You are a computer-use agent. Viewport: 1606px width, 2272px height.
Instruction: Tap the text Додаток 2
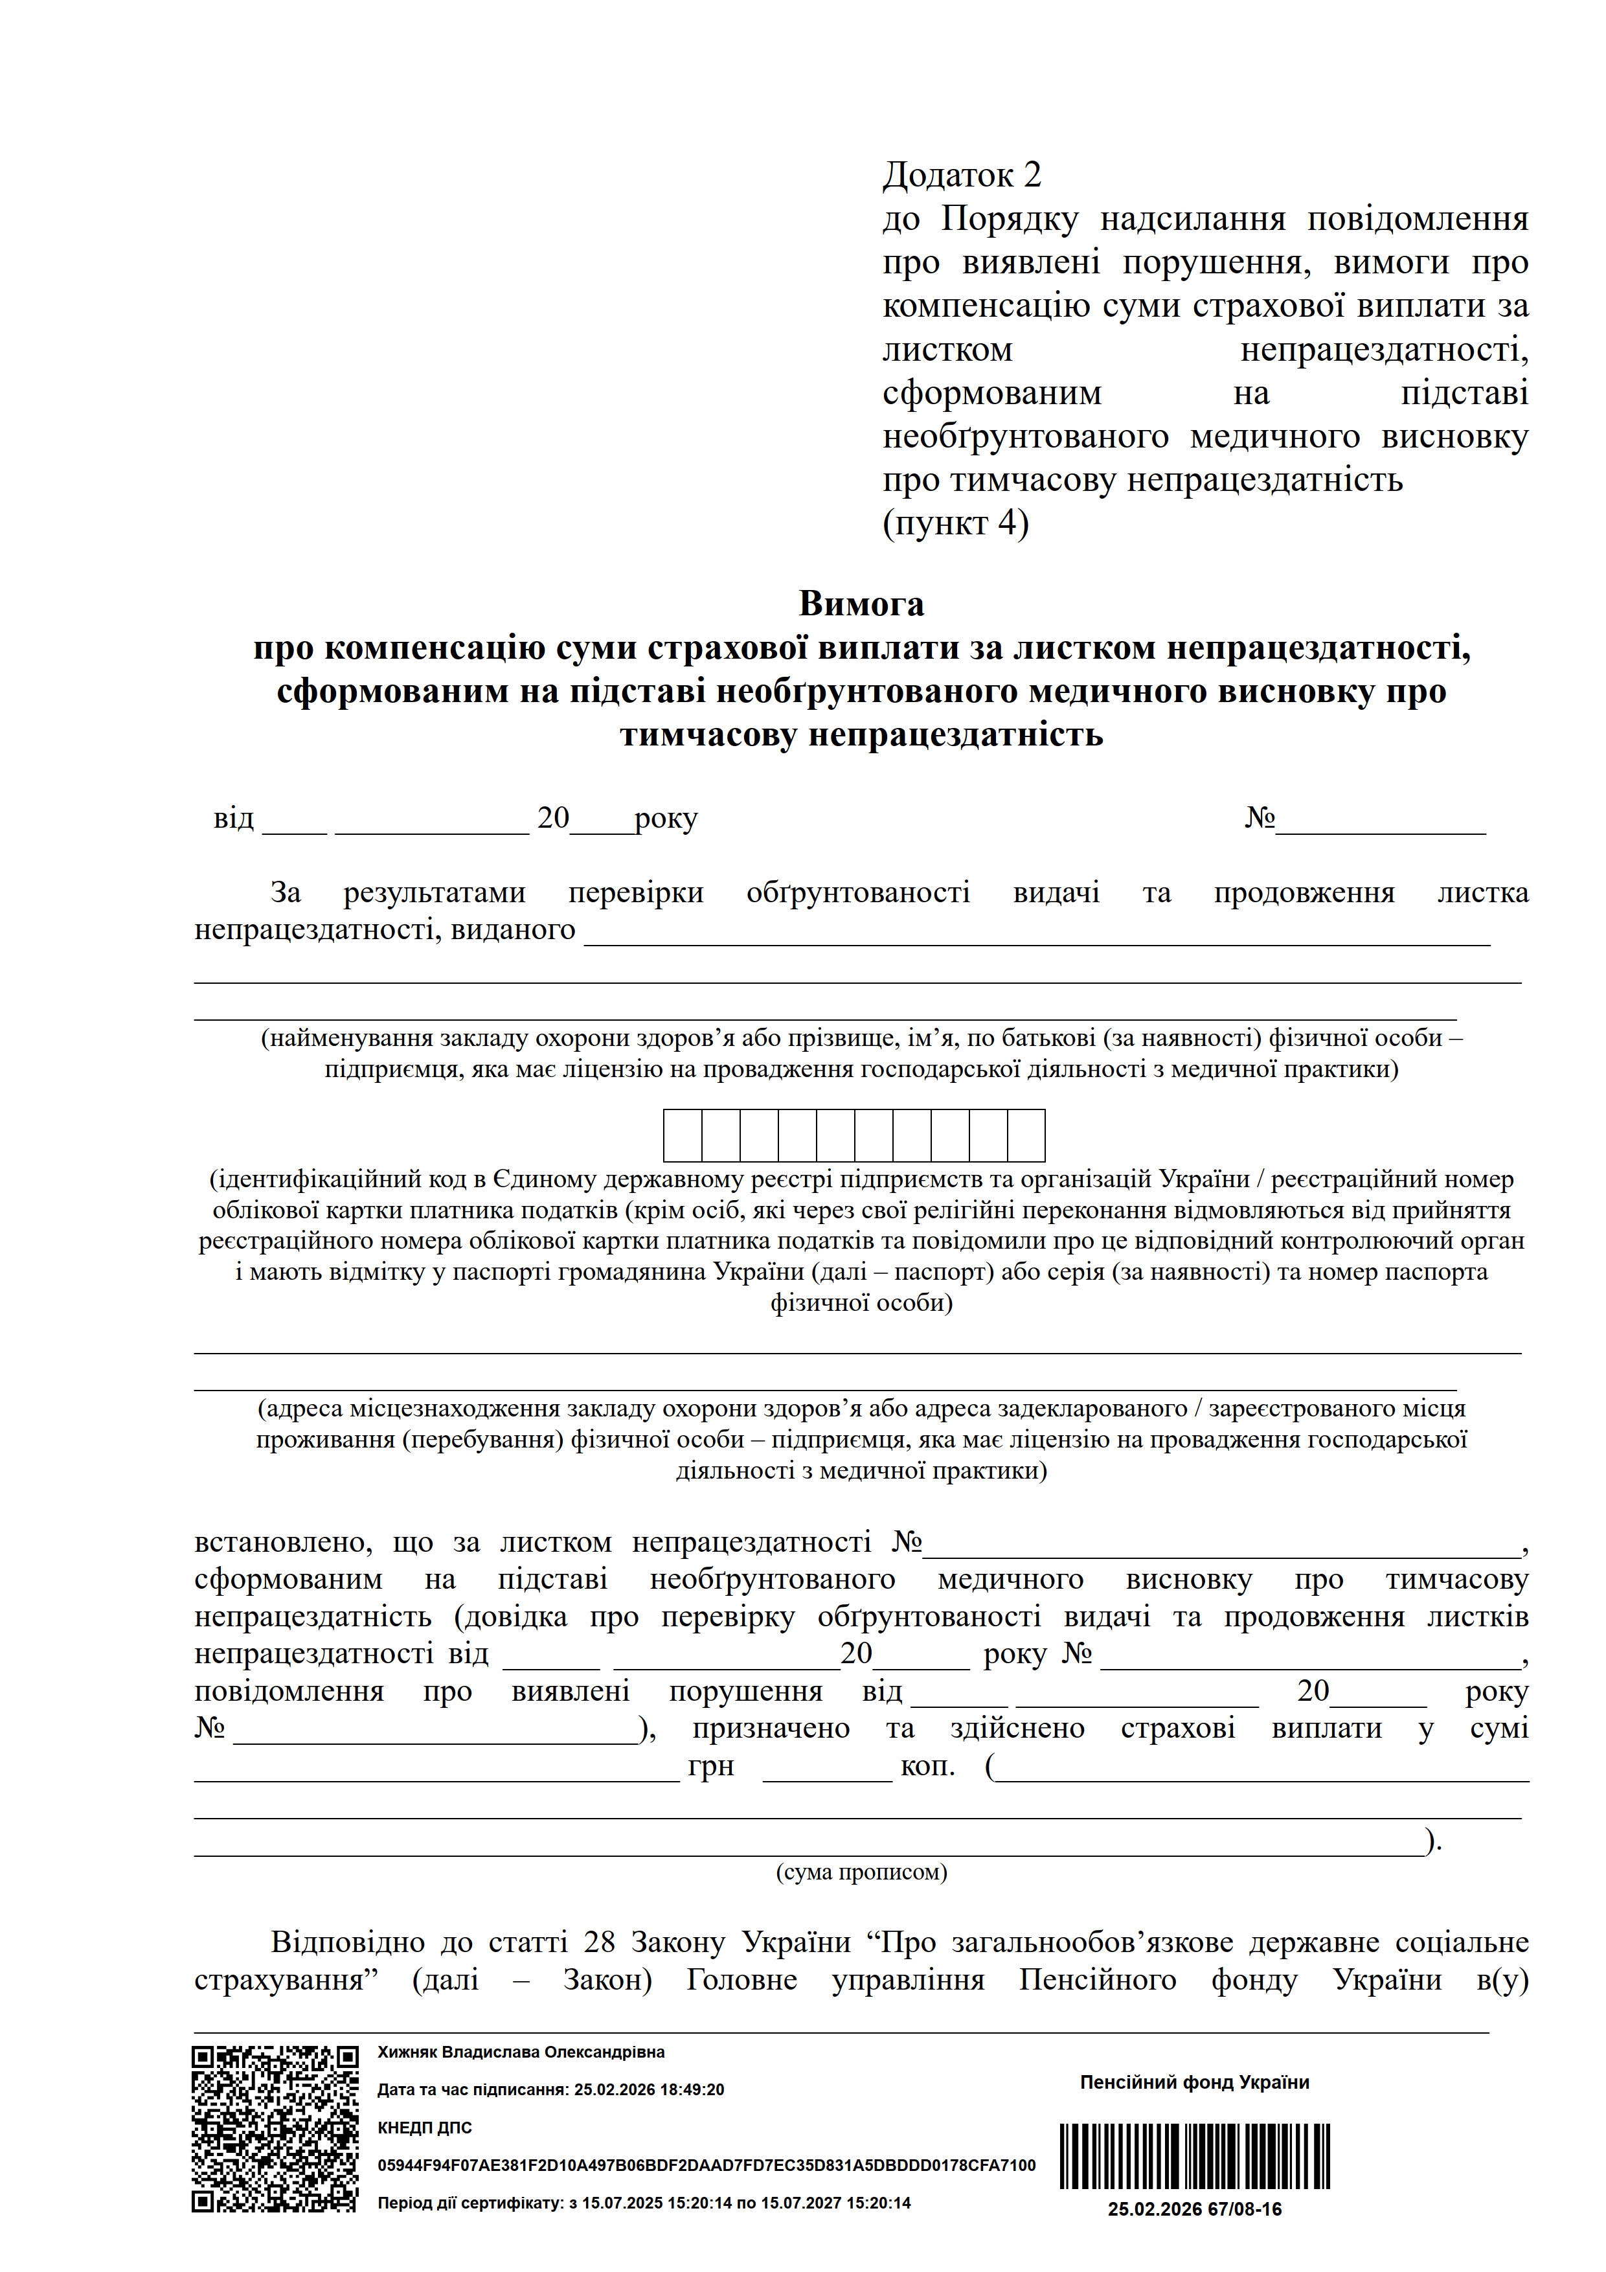click(x=962, y=175)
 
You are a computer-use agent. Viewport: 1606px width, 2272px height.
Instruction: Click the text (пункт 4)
click(x=955, y=523)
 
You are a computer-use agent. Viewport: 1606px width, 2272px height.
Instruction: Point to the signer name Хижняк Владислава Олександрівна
click(x=521, y=2052)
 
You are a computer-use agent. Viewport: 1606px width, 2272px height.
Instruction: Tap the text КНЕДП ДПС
click(x=425, y=2128)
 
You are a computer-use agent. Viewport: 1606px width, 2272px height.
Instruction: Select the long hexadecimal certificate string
click(x=707, y=2165)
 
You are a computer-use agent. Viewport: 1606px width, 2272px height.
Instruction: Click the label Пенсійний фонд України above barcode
click(x=1194, y=2083)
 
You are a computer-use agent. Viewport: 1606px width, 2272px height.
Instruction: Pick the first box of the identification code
click(x=683, y=1135)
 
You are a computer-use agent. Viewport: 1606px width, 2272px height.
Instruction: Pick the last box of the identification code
click(x=1026, y=1135)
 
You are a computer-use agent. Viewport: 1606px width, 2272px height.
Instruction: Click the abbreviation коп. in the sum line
click(x=927, y=1766)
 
